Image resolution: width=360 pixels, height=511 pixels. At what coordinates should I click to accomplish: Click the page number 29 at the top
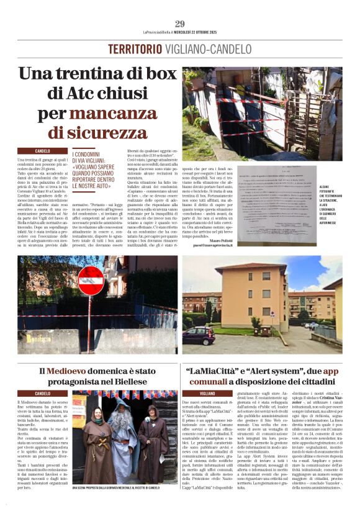180,24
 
